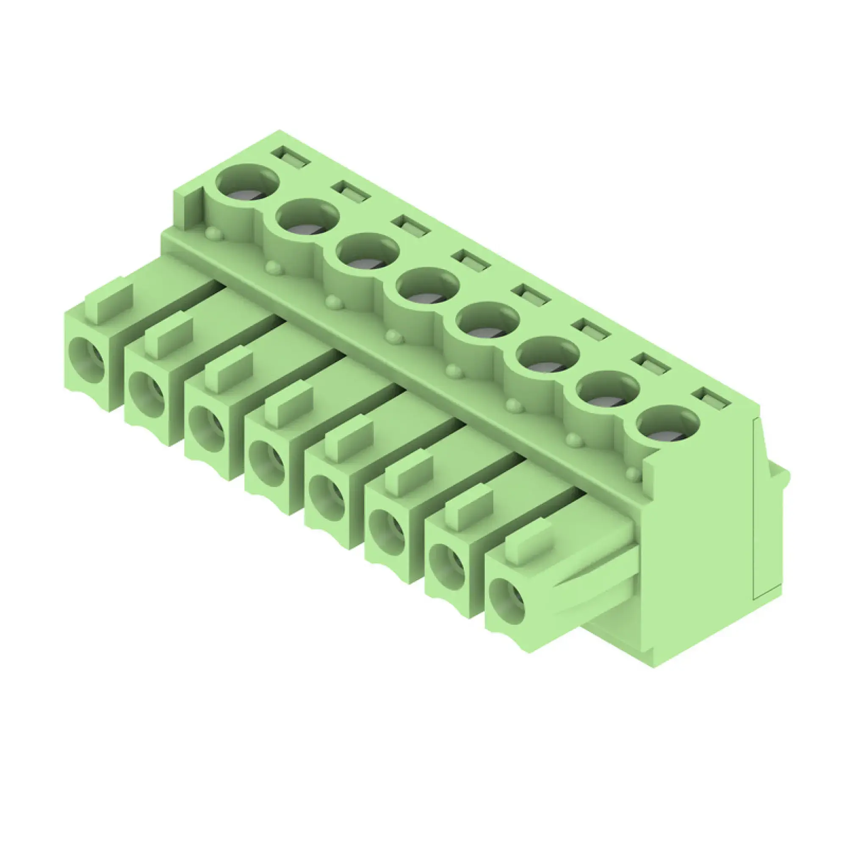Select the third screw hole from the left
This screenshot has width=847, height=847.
click(x=367, y=251)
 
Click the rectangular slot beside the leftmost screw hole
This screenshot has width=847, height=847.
click(x=291, y=157)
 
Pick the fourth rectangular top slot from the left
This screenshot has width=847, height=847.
click(x=472, y=260)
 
